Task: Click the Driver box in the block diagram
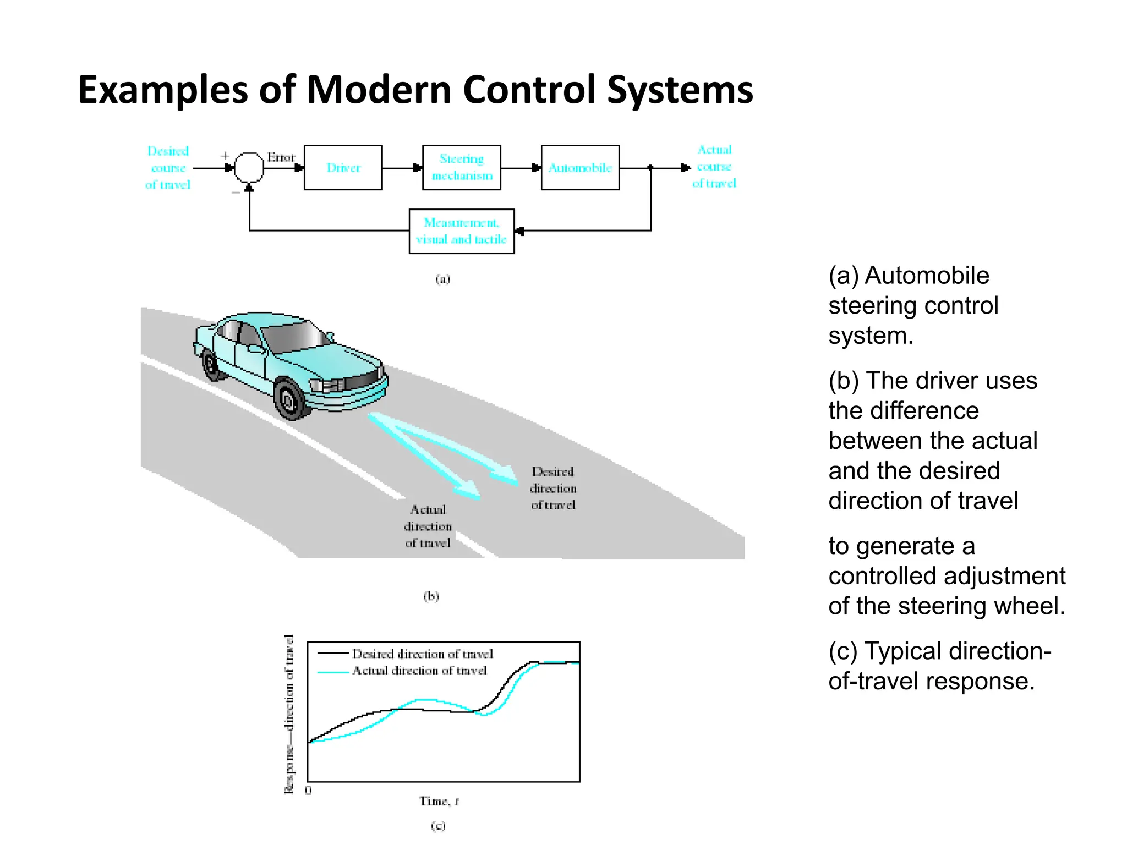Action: point(343,168)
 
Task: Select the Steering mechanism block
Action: point(461,168)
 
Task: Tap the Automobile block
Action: point(580,168)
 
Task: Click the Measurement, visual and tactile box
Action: point(461,231)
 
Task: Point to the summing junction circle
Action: point(249,167)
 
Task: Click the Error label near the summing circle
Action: point(281,158)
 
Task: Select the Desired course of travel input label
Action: point(168,168)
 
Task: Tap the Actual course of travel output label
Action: point(714,167)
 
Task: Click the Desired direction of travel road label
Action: point(552,488)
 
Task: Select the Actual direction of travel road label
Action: point(428,526)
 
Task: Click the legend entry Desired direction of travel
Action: point(422,654)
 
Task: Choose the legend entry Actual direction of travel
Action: point(419,671)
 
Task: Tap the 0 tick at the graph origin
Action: point(308,791)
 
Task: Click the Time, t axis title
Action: point(439,802)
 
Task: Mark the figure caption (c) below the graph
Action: point(438,826)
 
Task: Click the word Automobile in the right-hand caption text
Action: point(927,276)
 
